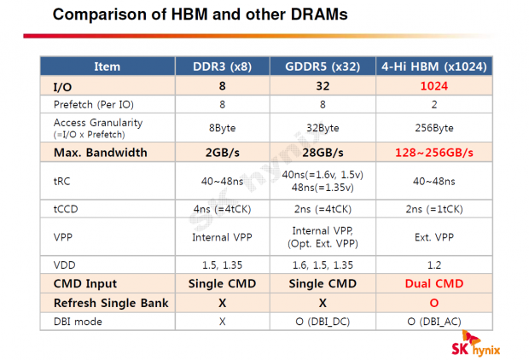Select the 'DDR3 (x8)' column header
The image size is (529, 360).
tap(222, 67)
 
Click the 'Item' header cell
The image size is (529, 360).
tap(107, 67)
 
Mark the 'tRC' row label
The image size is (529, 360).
tap(61, 181)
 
